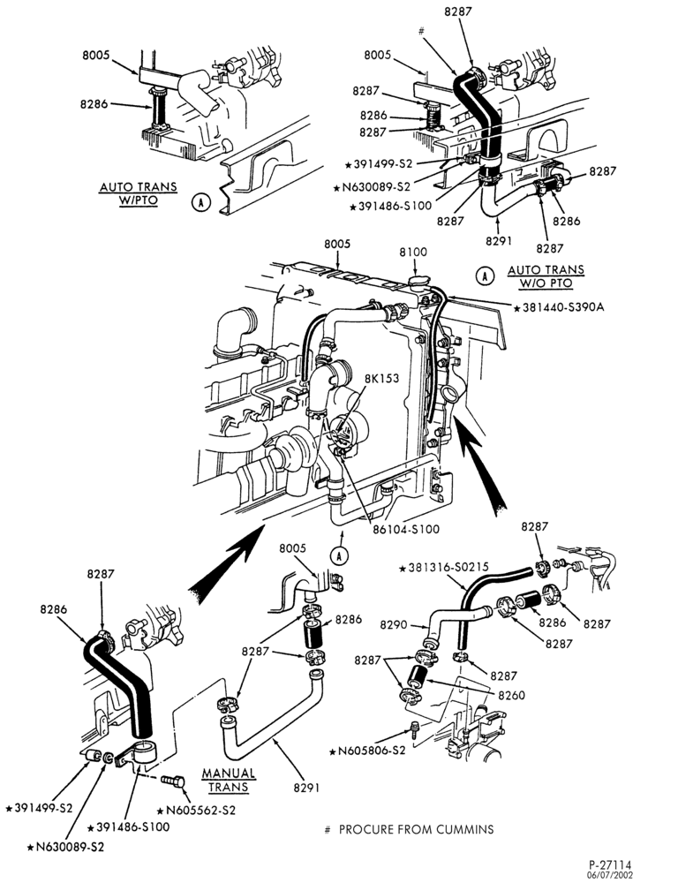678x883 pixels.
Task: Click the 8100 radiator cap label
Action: click(x=413, y=252)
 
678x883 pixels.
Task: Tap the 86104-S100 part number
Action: click(x=405, y=529)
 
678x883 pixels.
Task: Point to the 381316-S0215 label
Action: click(x=443, y=567)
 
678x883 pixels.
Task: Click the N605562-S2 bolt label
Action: click(x=197, y=810)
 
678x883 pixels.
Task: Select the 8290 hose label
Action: click(x=394, y=624)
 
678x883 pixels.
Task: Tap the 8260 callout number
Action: click(x=511, y=696)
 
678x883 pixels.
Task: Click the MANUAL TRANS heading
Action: click(x=229, y=780)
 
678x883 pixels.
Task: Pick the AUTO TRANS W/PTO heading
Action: click(x=138, y=193)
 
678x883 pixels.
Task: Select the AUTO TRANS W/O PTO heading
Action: click(x=546, y=276)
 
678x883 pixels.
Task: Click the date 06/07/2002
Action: click(x=610, y=874)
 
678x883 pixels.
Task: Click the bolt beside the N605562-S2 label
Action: click(x=171, y=782)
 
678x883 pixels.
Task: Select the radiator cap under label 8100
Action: click(x=419, y=281)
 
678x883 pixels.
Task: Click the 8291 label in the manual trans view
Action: click(x=306, y=788)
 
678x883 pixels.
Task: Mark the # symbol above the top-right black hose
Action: click(x=421, y=32)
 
